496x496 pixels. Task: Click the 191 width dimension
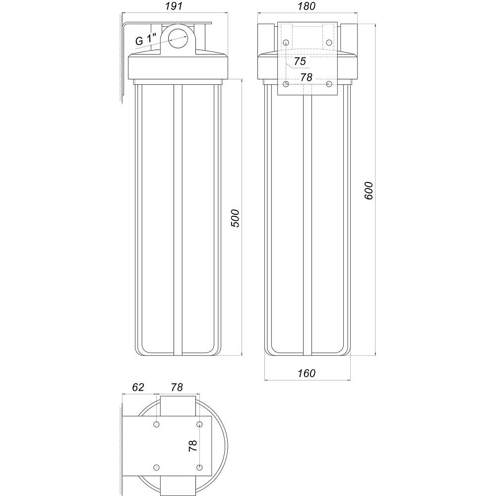coord(174,6)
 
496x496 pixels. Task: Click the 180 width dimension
coord(308,6)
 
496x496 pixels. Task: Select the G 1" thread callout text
coord(146,40)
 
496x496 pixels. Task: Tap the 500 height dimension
coord(236,218)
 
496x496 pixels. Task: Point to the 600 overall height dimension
coord(369,190)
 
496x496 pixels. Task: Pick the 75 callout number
coord(300,62)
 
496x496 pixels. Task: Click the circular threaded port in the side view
coord(178,38)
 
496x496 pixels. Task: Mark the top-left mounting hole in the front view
coord(286,43)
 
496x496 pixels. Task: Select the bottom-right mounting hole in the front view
coord(329,84)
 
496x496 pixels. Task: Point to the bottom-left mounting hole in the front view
coord(286,84)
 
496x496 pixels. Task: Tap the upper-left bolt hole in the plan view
coord(157,425)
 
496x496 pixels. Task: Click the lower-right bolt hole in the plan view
coord(199,467)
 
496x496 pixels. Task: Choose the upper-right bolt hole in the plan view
coord(199,425)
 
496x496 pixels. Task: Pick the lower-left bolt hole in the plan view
coord(157,467)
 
